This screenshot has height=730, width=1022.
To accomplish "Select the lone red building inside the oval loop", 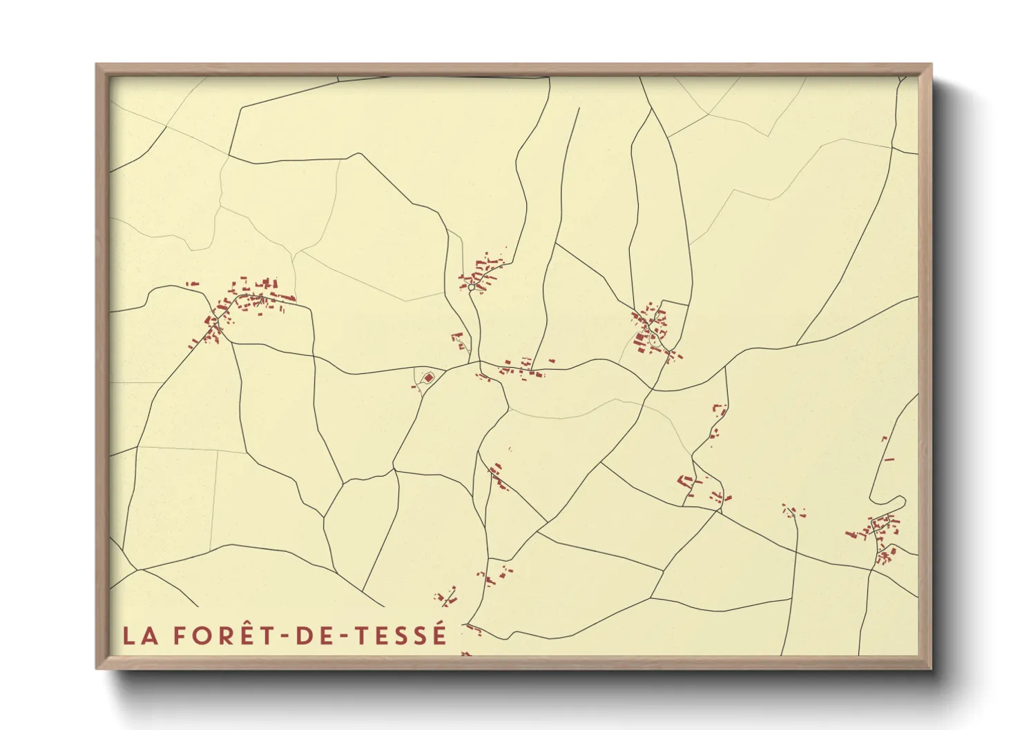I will point(428,377).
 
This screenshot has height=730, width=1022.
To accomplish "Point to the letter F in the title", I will point(179,635).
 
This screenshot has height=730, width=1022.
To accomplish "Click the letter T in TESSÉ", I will point(363,635).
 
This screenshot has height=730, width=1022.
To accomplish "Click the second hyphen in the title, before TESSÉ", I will point(345,637).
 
